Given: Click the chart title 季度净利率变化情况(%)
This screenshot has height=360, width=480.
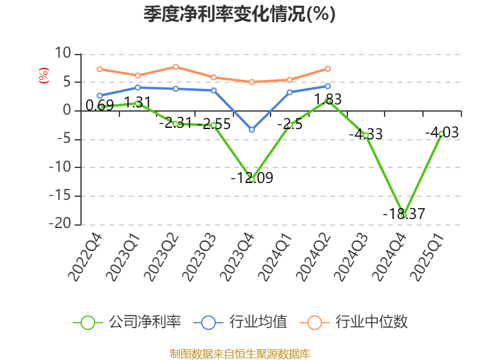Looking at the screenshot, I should [x=239, y=14].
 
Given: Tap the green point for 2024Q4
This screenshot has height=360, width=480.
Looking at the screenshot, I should [x=404, y=215].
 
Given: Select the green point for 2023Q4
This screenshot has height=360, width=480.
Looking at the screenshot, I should [x=251, y=179].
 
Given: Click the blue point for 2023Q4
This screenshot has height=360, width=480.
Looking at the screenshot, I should [x=251, y=130].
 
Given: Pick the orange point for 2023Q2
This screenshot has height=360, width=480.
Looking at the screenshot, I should [x=175, y=67].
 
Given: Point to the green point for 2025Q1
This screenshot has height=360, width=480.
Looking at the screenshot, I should [x=442, y=133].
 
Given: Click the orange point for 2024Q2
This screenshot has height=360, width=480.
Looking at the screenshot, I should [x=328, y=68].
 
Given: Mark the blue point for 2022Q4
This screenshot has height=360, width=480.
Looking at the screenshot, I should [x=100, y=95].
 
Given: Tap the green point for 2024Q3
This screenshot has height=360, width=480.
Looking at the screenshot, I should [x=365, y=135].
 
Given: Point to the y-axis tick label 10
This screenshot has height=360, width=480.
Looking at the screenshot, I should [x=62, y=53].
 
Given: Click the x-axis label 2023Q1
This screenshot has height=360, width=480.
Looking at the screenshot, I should [x=124, y=258].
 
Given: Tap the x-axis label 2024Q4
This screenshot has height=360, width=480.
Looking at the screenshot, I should [x=390, y=258].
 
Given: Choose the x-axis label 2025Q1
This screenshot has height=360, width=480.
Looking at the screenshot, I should [x=428, y=258].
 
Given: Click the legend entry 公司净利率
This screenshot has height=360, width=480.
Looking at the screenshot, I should [x=127, y=322].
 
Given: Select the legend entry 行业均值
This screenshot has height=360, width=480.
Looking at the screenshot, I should [x=241, y=322].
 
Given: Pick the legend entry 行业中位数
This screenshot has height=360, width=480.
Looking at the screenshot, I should [x=358, y=322].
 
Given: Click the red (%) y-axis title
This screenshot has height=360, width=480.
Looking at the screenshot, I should [x=43, y=76].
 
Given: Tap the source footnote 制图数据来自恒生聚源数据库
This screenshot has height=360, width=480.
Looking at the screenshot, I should [x=239, y=353].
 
